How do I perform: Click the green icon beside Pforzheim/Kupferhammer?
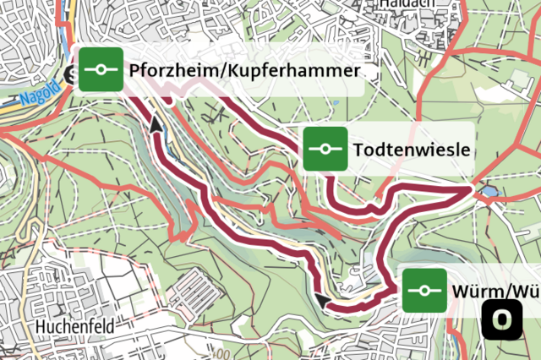point(101,70)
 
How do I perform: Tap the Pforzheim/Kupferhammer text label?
point(245,71)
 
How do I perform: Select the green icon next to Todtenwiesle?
point(325,150)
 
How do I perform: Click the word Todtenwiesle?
point(412,150)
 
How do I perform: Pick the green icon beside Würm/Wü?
point(424,291)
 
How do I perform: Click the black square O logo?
point(502,319)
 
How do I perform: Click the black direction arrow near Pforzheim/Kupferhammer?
point(156,125)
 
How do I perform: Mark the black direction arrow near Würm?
point(322,299)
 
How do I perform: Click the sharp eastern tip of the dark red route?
point(470,192)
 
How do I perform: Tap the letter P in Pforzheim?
point(135,71)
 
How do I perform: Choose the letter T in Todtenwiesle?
point(360,150)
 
